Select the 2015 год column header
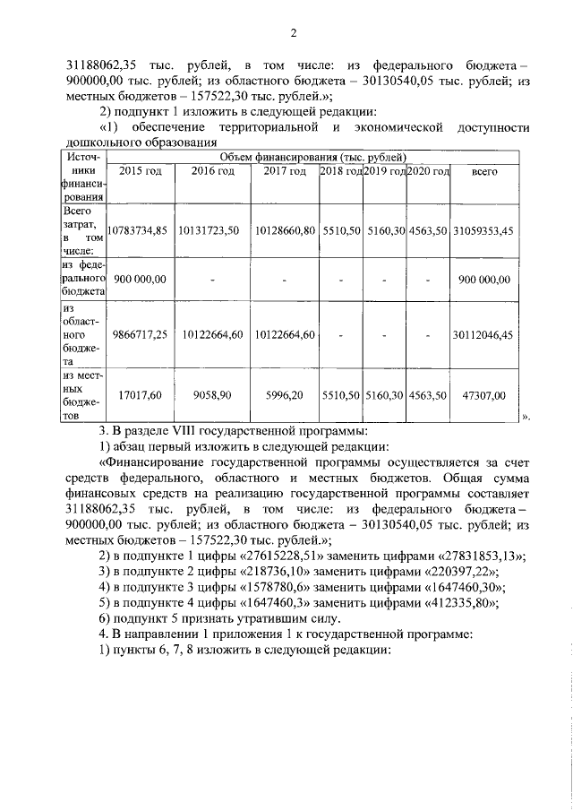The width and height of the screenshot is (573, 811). tap(141, 172)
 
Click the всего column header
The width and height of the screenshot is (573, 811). tap(483, 172)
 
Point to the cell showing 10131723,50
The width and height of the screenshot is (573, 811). tap(209, 230)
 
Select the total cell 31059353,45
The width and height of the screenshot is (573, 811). tap(483, 230)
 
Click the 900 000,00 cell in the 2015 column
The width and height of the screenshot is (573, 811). tap(139, 280)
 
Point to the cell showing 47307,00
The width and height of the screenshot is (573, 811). tap(483, 394)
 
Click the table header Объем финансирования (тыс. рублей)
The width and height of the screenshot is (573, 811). tap(307, 156)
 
